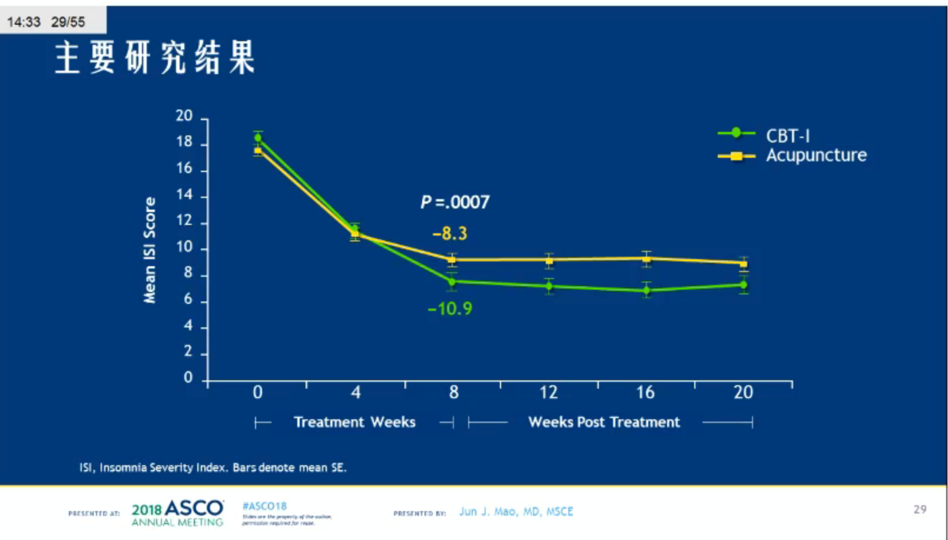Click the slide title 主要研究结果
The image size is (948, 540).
(x=155, y=58)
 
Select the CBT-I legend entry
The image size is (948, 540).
(x=787, y=135)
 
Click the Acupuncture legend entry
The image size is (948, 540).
(x=816, y=155)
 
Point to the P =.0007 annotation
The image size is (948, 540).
(x=455, y=203)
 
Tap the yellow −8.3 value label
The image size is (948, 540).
(x=450, y=234)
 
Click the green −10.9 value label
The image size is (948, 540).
(x=450, y=309)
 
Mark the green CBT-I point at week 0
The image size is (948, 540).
(x=258, y=138)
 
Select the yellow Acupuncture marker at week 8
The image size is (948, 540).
(x=452, y=260)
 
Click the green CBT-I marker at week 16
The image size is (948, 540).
(x=647, y=290)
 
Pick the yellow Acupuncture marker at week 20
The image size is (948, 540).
(x=744, y=264)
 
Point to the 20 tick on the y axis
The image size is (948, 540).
(x=184, y=116)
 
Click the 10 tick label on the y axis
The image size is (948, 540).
(x=184, y=247)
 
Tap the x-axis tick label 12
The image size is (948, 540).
(x=549, y=393)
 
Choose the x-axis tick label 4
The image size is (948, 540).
(x=356, y=393)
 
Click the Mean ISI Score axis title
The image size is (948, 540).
(x=150, y=250)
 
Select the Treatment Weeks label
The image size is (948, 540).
(x=354, y=422)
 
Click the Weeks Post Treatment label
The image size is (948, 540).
(x=604, y=422)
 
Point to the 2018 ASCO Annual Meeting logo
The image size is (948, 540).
(x=177, y=513)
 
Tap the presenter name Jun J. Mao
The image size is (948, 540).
(x=516, y=512)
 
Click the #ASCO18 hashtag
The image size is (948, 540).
(x=264, y=506)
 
